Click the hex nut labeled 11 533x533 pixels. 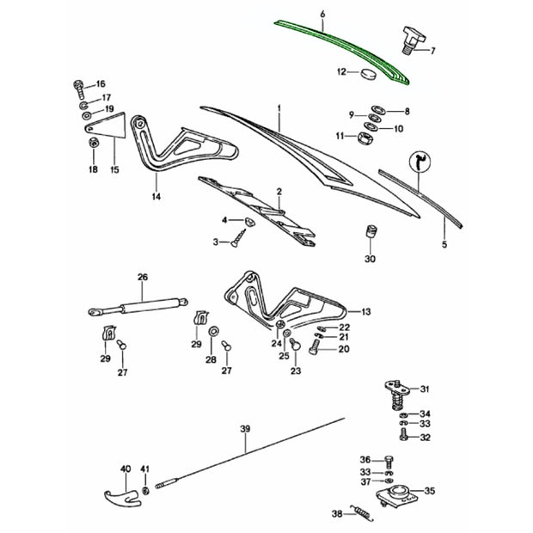(x=365, y=138)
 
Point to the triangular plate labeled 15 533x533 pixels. (x=107, y=126)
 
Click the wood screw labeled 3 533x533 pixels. (x=238, y=238)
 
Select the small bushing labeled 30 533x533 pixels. (x=371, y=232)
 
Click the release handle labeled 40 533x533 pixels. (x=122, y=497)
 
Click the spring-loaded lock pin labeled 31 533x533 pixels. (x=396, y=395)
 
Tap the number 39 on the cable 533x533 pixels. (x=245, y=429)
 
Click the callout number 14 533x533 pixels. (x=156, y=197)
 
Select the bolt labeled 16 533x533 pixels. (x=79, y=89)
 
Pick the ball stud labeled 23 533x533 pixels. (x=295, y=346)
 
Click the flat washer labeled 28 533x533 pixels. (x=214, y=330)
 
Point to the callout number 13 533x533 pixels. (x=365, y=312)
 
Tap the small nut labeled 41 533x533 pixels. (x=145, y=491)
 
